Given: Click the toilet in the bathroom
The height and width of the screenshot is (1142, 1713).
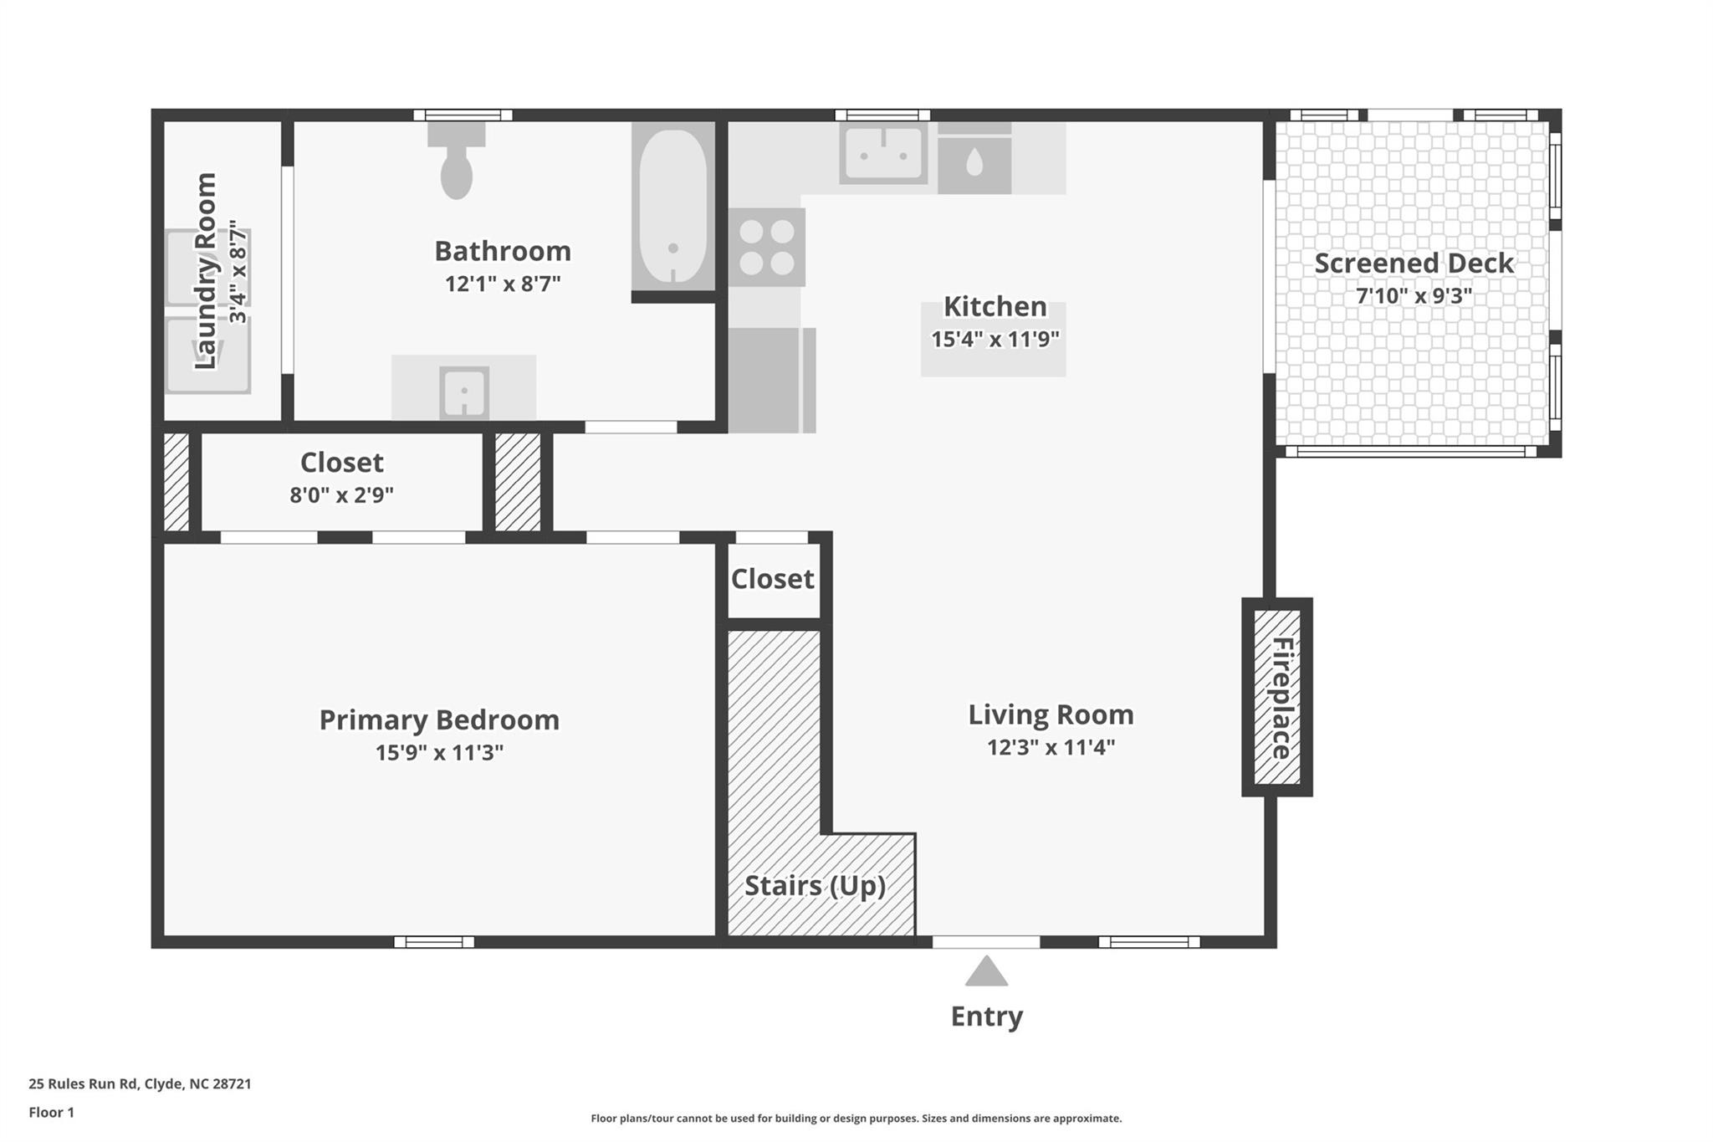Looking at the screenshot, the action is point(457,161).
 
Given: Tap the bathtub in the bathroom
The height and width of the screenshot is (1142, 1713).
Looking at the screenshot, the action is point(673,207).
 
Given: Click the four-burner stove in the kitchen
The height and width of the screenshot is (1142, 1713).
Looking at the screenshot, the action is point(766,248).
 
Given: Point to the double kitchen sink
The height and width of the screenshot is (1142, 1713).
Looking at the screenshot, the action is point(883,154).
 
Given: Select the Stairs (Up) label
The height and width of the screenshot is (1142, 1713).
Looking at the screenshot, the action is point(815,885).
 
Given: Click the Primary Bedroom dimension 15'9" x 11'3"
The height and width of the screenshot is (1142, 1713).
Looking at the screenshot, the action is point(439,752).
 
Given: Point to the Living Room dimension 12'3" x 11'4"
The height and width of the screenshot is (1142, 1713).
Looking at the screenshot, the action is point(1051,746).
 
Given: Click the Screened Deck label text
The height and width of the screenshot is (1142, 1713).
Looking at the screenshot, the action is point(1414,263).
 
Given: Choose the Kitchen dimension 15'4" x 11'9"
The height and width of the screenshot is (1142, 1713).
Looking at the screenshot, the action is point(995,339).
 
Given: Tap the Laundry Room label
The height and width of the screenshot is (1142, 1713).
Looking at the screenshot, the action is point(206,271).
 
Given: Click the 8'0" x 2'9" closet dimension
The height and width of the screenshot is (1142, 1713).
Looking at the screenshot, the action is point(341,494).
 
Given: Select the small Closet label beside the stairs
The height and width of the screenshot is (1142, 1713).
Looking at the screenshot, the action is point(772,578).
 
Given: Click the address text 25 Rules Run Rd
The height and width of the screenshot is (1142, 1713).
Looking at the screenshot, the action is point(83,1083).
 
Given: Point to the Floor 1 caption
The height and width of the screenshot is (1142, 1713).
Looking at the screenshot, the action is point(51,1112).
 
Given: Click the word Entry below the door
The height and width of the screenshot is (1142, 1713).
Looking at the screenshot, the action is point(987,1017).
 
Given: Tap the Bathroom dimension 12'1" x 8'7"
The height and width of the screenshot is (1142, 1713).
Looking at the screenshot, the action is point(502,284).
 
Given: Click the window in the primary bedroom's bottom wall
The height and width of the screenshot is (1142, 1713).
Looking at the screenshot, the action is point(434,942).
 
